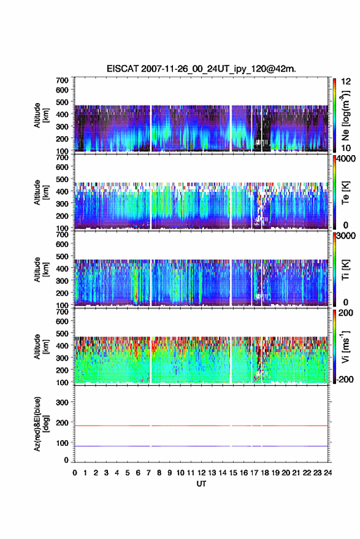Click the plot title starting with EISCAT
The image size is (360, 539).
pos(201,69)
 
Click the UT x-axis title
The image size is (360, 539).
pos(201,484)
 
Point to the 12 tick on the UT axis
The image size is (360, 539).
pos(202,473)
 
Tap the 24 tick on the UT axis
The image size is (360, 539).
pos(327,473)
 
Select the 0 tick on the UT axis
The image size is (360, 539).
pos(75,473)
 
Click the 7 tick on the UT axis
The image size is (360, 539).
pos(148,473)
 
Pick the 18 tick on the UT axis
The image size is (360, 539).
pos(265,473)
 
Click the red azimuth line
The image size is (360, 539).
pos(201,426)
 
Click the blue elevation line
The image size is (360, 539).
pos(201,446)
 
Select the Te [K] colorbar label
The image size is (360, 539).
pos(345,193)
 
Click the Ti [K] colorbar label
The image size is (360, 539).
pos(345,270)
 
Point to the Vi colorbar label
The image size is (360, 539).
pos(345,346)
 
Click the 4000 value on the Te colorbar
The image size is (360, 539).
pos(347,160)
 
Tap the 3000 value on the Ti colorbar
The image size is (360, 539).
pos(347,236)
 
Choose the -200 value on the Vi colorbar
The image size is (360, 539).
pos(346,380)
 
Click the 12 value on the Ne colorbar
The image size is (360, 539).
pos(347,82)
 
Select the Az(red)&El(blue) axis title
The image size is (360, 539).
pos(41,424)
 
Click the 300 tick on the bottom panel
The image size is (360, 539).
pos(62,402)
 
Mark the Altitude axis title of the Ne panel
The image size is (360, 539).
pos(41,115)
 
